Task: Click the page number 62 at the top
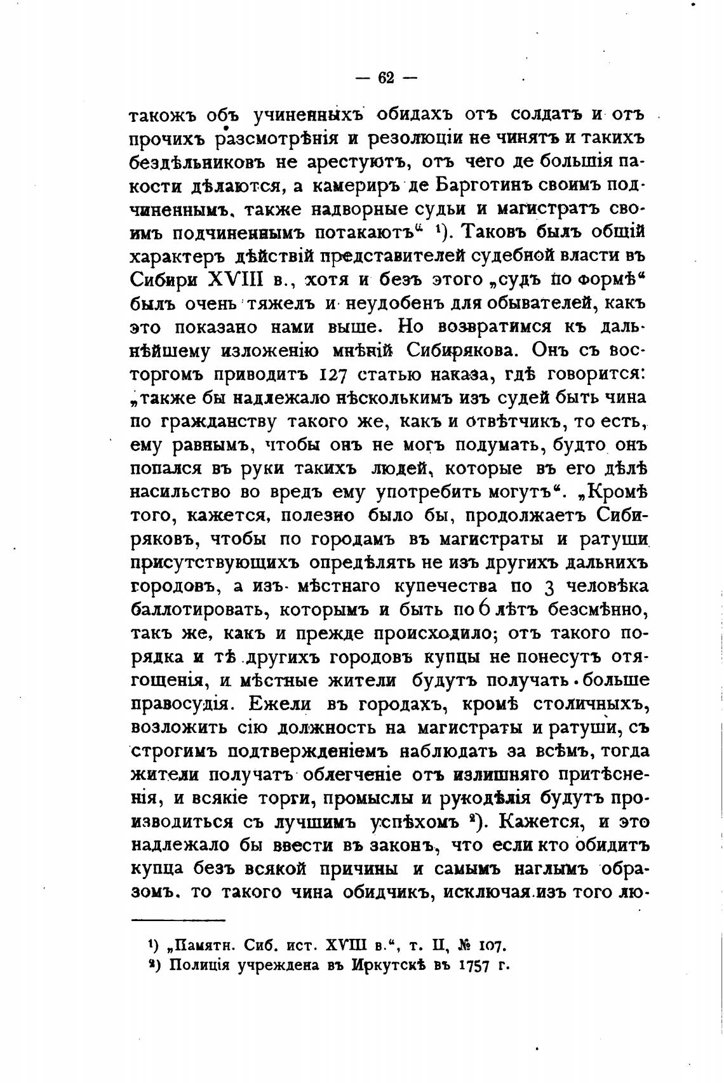point(386,78)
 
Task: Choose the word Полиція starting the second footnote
point(199,965)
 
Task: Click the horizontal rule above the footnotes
point(178,920)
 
